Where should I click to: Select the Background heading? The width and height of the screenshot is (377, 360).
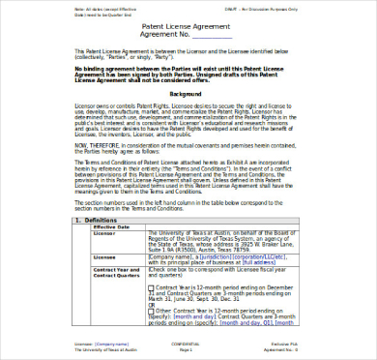pos(186,95)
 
